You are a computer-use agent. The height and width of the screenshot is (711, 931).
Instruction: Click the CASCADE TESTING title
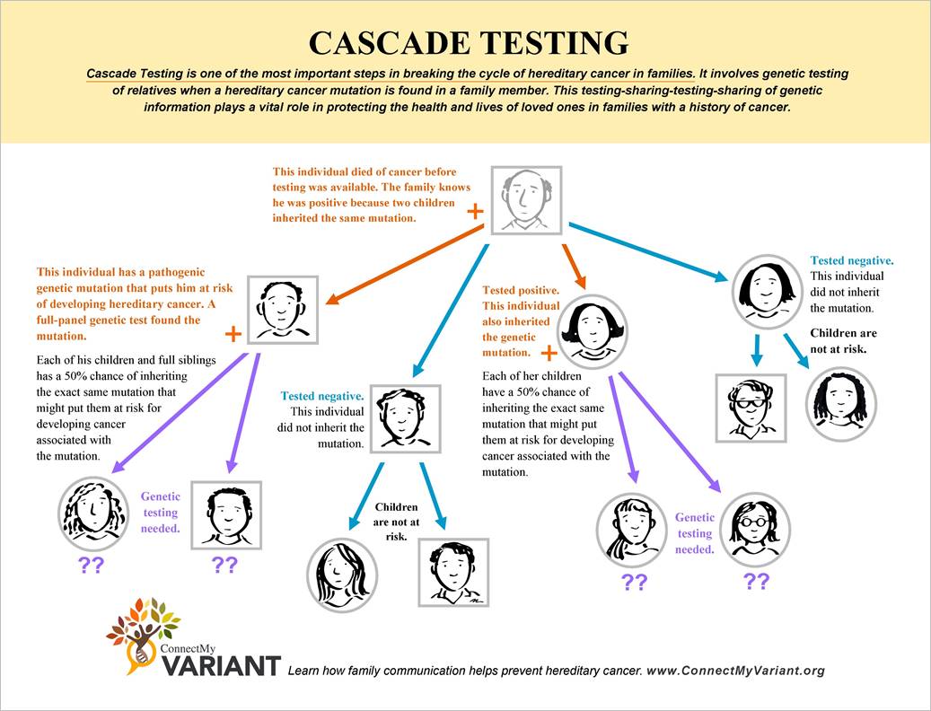point(467,43)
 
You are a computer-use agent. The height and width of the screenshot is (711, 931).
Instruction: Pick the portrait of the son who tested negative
point(406,417)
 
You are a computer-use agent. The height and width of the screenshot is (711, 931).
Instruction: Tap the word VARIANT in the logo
point(221,665)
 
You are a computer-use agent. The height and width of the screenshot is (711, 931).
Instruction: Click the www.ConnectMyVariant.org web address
point(735,671)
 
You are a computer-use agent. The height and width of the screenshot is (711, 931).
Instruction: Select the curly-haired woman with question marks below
point(93,514)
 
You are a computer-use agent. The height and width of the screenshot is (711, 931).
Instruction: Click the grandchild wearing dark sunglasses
point(751,408)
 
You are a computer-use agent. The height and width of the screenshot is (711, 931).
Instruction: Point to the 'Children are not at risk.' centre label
point(397,521)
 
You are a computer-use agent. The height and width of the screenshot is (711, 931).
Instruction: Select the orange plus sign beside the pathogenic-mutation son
point(233,334)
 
